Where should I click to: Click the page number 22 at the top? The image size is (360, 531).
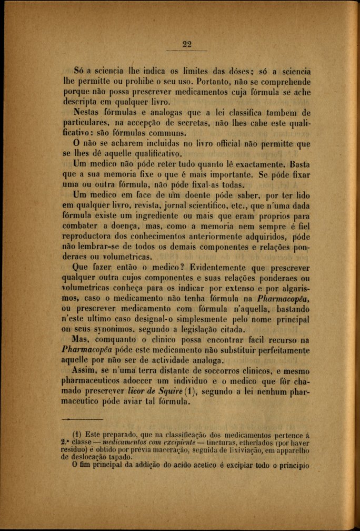[x=187, y=44]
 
